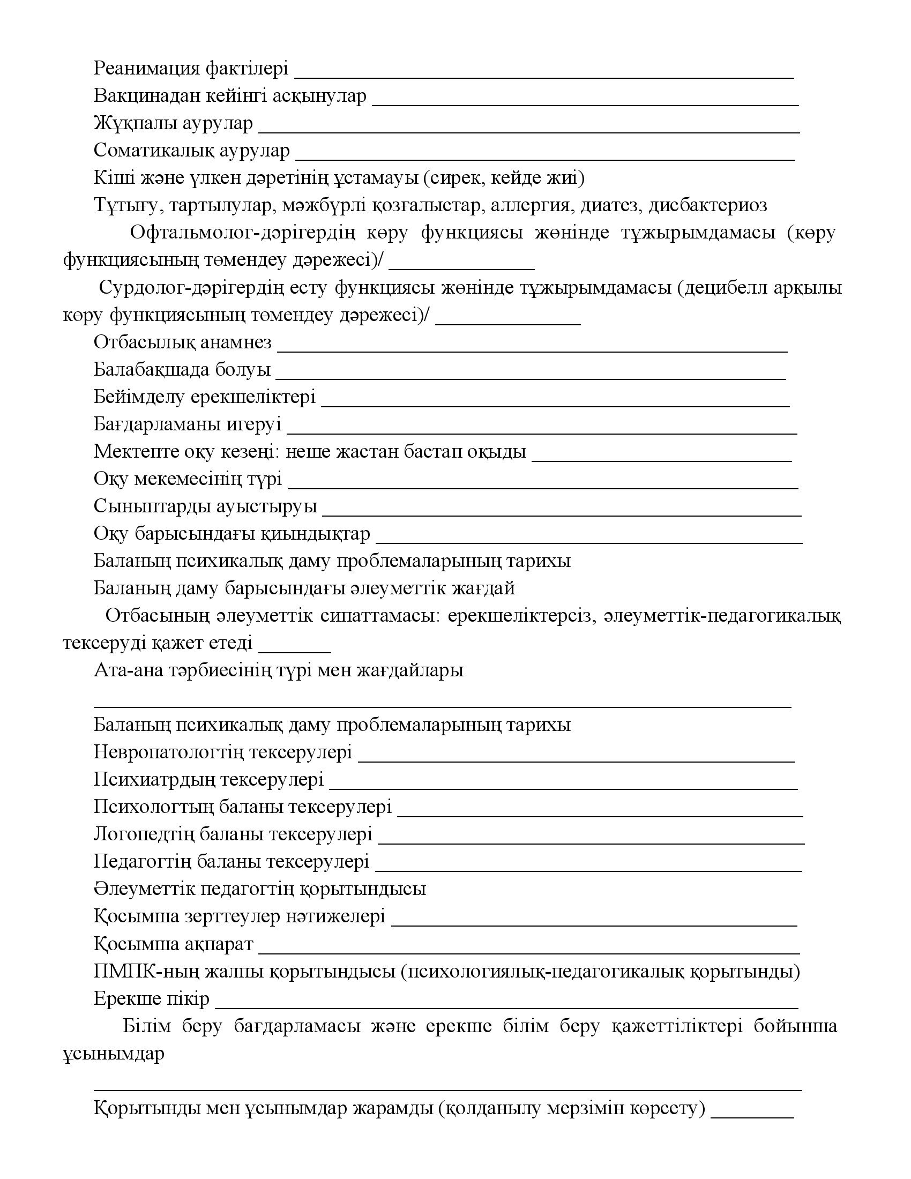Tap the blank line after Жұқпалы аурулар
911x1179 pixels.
point(529,130)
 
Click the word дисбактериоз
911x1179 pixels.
point(707,205)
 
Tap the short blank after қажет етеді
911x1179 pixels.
point(295,651)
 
